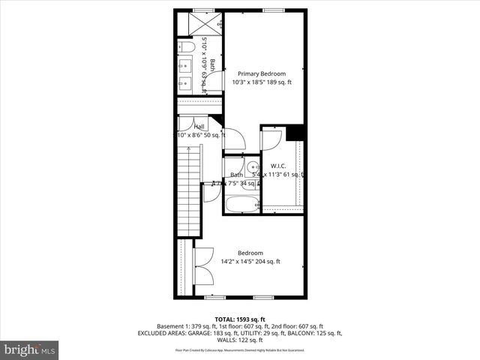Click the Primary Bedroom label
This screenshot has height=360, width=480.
262,73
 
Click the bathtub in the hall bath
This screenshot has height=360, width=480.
241,204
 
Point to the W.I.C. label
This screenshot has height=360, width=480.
279,166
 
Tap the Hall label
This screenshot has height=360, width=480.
199,127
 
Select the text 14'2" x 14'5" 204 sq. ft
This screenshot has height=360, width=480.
250,262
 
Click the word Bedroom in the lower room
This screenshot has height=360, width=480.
250,253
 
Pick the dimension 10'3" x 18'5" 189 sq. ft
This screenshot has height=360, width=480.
262,82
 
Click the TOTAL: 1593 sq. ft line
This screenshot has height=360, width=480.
240,319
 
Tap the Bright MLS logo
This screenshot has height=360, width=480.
29,350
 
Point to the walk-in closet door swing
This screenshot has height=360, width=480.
271,139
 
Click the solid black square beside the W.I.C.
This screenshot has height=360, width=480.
295,132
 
